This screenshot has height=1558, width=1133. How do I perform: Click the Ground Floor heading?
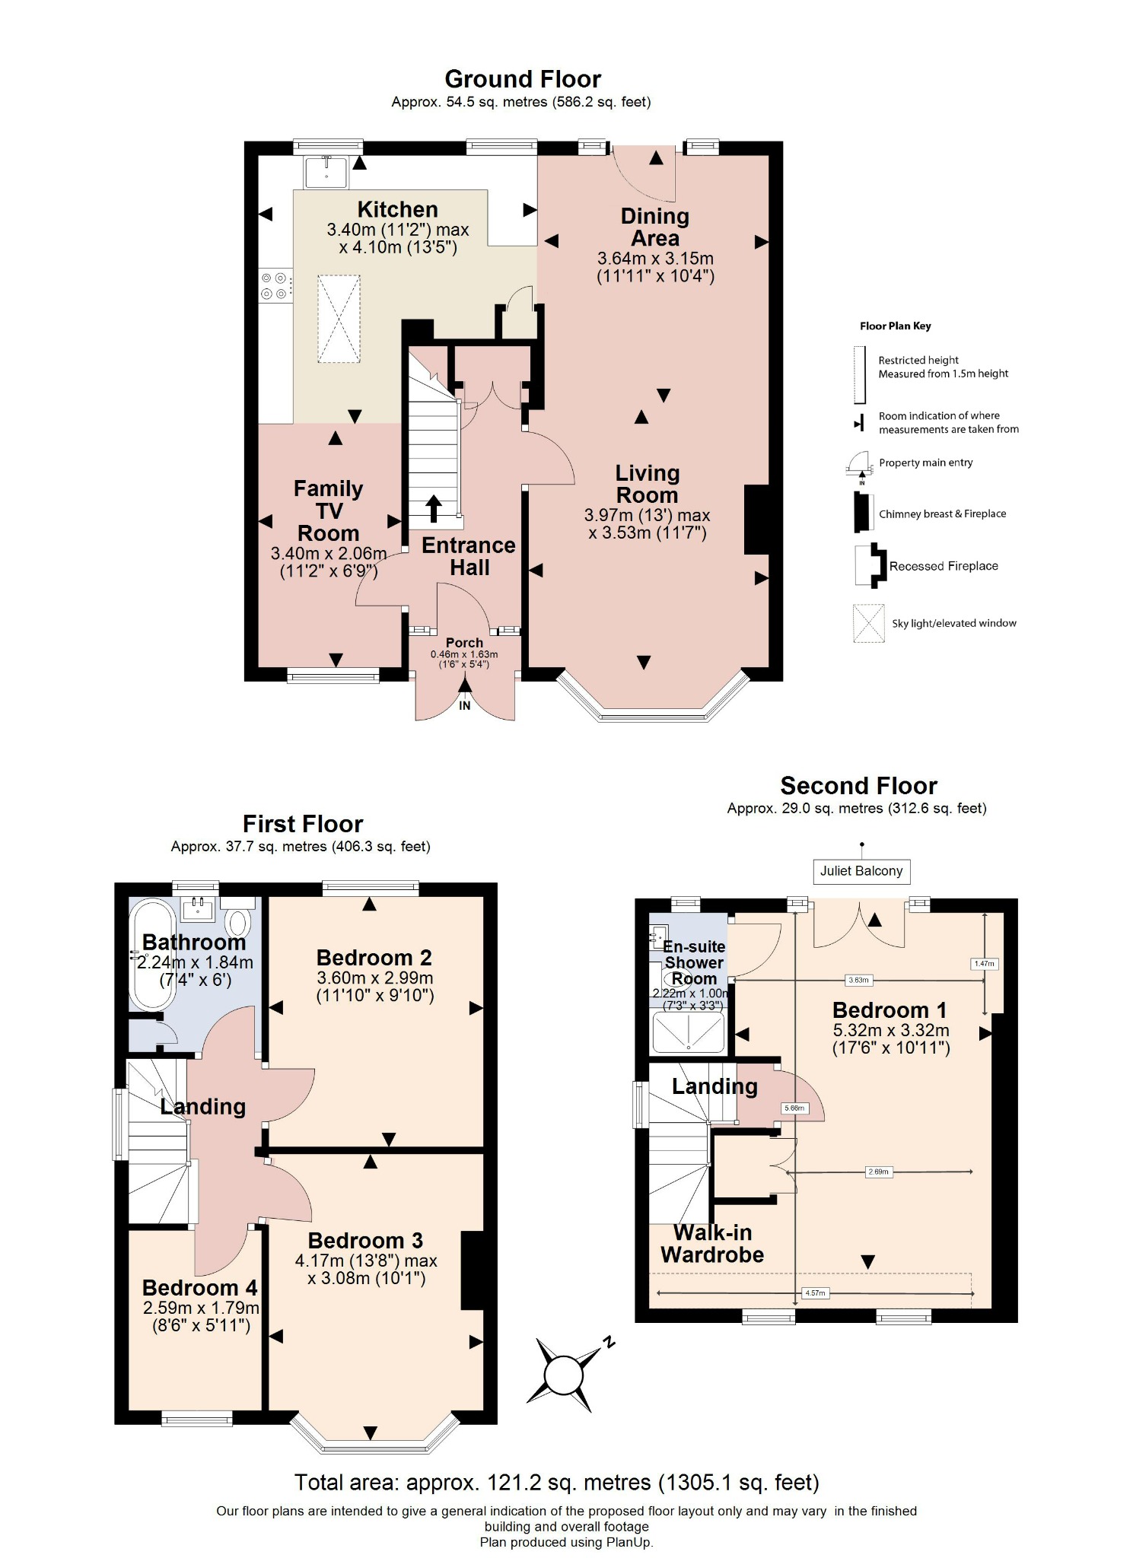[523, 79]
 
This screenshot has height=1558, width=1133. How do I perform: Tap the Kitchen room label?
[397, 209]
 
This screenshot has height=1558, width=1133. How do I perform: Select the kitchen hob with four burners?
[275, 286]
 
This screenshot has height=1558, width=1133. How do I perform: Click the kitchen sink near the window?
[326, 172]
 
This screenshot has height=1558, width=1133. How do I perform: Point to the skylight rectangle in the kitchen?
[339, 319]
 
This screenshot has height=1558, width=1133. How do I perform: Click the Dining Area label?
[654, 227]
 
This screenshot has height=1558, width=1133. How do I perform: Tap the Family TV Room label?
[329, 510]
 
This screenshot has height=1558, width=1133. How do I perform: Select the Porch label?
[464, 643]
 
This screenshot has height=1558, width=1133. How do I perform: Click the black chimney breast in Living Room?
[756, 520]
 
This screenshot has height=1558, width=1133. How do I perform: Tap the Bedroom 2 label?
[374, 957]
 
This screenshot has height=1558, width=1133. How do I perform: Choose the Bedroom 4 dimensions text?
[201, 1317]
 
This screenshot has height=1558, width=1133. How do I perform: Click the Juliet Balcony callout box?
[861, 871]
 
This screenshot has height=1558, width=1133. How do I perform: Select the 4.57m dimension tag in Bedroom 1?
[814, 1293]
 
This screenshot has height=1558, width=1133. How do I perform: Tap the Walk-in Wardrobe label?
[712, 1243]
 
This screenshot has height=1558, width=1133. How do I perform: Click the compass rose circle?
[563, 1375]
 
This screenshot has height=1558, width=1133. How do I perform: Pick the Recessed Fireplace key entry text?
[944, 566]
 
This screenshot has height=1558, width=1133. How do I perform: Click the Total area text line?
[557, 1482]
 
